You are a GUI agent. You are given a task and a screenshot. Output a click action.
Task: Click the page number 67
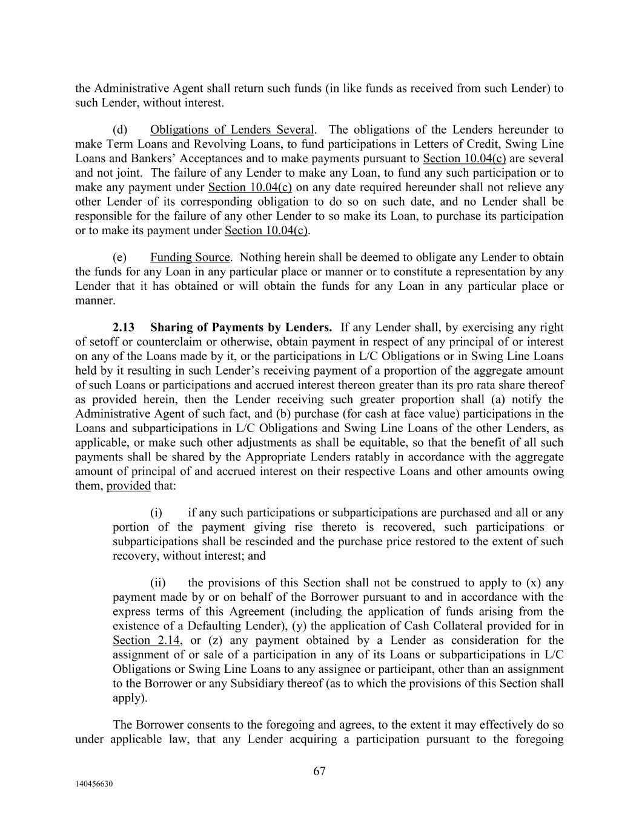click(x=319, y=771)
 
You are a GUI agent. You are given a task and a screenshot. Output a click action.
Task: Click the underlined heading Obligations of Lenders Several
click(x=232, y=129)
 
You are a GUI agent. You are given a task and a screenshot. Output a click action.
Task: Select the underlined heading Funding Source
click(x=190, y=257)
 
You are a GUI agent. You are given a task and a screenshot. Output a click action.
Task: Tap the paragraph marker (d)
click(x=119, y=129)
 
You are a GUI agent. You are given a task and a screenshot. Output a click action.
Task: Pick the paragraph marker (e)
click(x=119, y=257)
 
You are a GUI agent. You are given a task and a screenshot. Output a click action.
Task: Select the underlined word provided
click(x=128, y=486)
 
